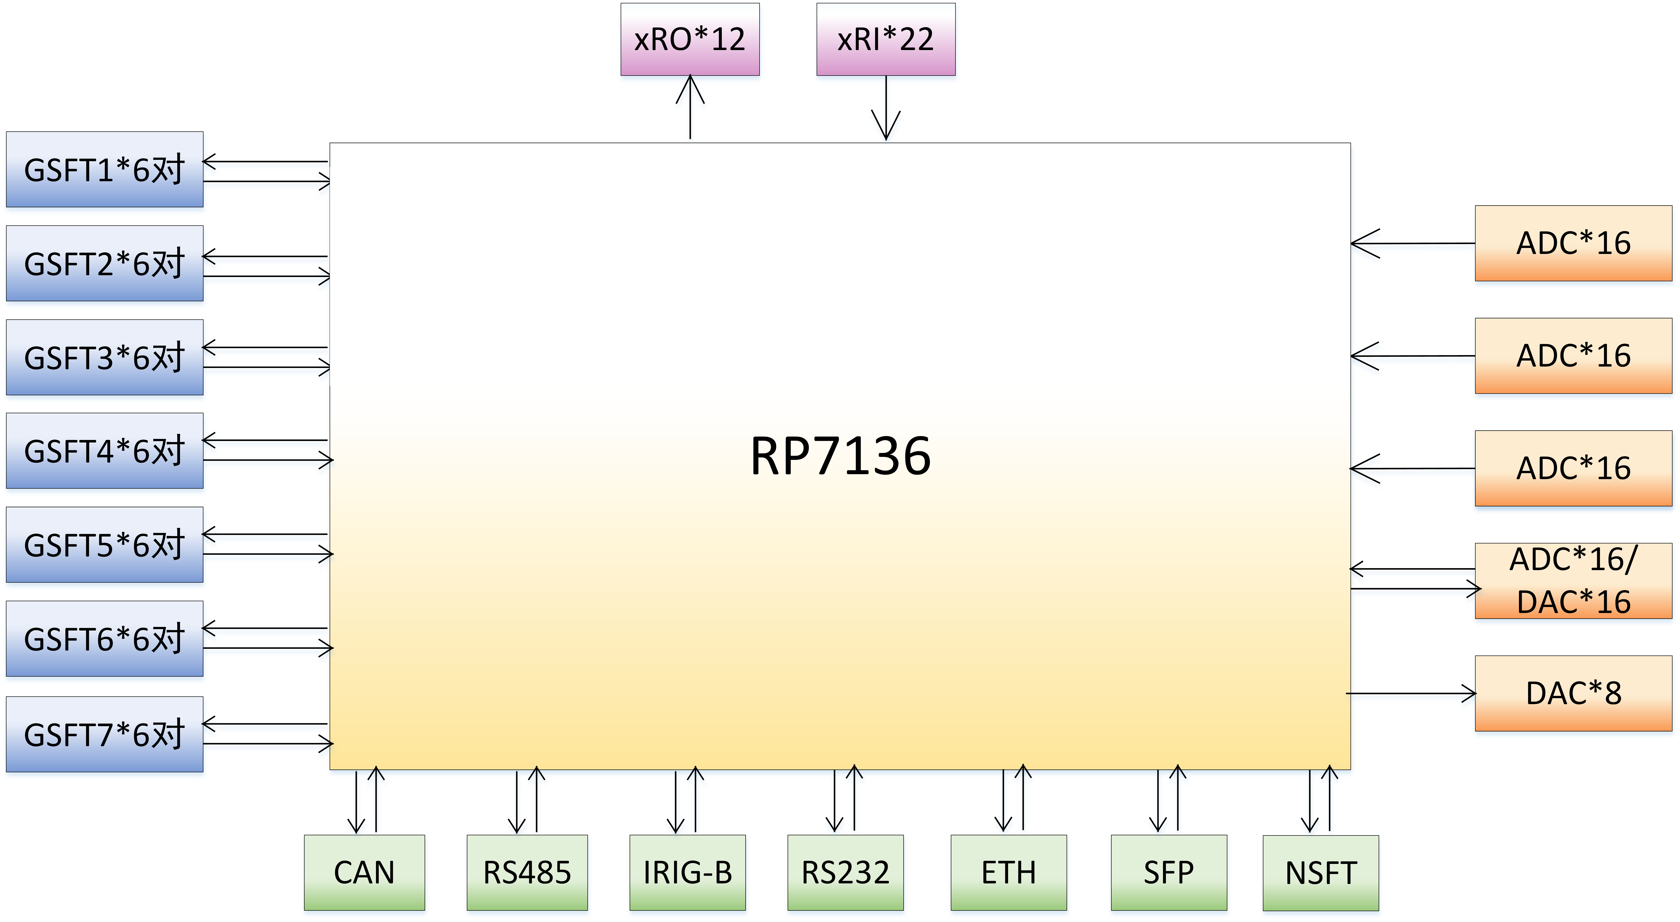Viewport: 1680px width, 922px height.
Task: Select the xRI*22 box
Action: click(x=886, y=39)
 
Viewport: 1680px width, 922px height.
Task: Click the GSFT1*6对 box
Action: click(x=104, y=170)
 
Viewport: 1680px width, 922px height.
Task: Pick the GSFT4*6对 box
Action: click(x=104, y=451)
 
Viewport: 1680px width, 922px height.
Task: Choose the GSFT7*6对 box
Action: click(x=104, y=734)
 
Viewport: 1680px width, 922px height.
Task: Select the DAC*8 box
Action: click(x=1573, y=693)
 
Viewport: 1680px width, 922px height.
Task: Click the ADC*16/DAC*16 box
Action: click(x=1573, y=580)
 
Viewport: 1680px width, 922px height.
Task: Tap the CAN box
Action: click(x=364, y=872)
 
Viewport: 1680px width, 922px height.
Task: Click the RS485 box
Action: click(x=527, y=872)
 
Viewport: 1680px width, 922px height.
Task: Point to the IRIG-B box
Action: click(x=687, y=872)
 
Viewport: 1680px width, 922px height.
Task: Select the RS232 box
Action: click(x=845, y=872)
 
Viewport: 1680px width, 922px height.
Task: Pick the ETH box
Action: click(x=1008, y=872)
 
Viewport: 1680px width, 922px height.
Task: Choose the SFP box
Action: click(x=1169, y=872)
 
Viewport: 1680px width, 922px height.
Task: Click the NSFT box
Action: click(x=1321, y=872)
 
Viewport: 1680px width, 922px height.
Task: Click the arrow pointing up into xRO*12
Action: click(x=690, y=108)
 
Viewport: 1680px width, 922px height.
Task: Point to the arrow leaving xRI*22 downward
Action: click(x=886, y=108)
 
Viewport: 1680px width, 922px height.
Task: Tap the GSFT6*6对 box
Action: click(x=104, y=638)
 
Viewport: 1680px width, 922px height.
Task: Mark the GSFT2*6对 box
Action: click(x=104, y=263)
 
